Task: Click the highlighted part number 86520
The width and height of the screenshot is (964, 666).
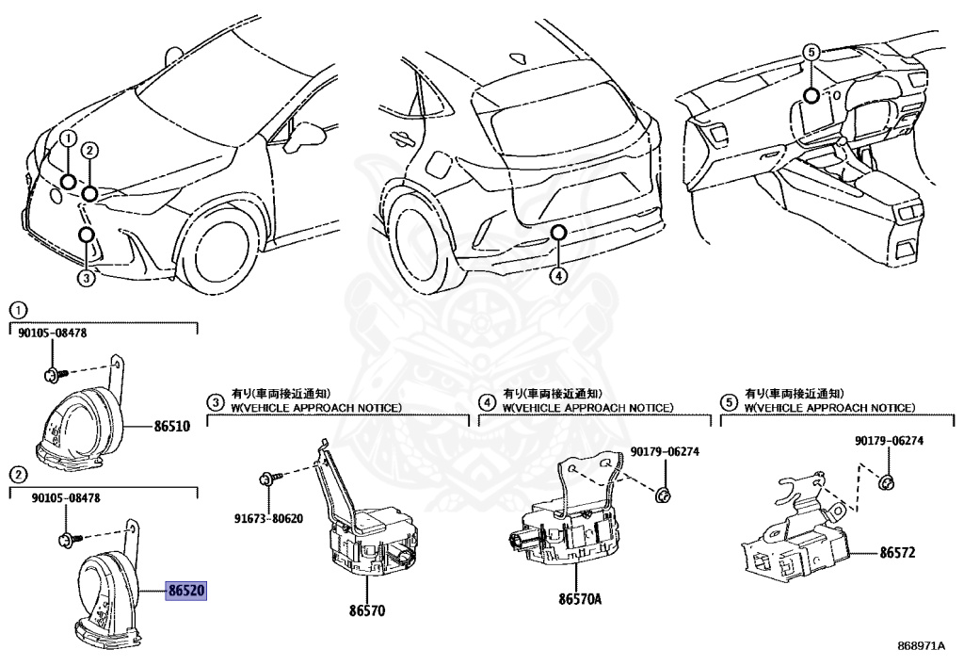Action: point(186,592)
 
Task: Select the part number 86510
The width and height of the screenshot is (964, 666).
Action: point(172,426)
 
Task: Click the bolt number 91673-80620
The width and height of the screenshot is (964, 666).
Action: point(270,518)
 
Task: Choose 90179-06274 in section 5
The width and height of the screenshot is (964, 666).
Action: point(890,441)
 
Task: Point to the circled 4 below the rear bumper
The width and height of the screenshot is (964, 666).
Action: point(558,275)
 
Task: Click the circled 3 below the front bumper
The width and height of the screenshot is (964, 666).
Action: point(86,277)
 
